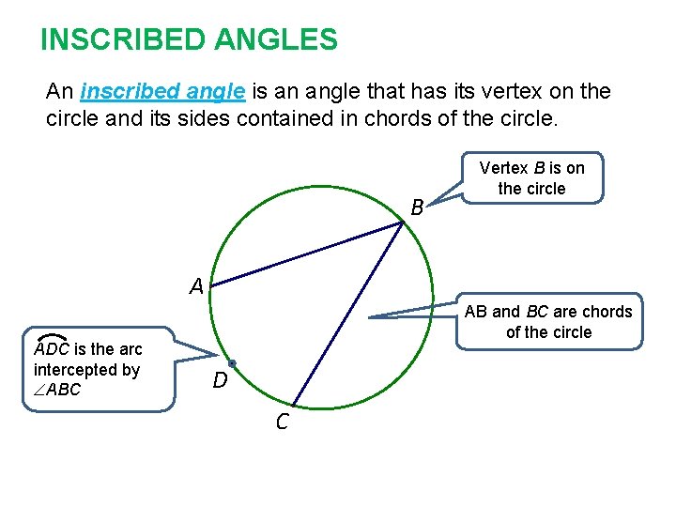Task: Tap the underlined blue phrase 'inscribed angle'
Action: [163, 92]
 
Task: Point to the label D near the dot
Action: [220, 381]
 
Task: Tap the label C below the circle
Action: [282, 423]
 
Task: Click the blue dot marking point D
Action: [232, 362]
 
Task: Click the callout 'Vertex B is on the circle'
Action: [531, 178]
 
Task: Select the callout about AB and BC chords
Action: [549, 321]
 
